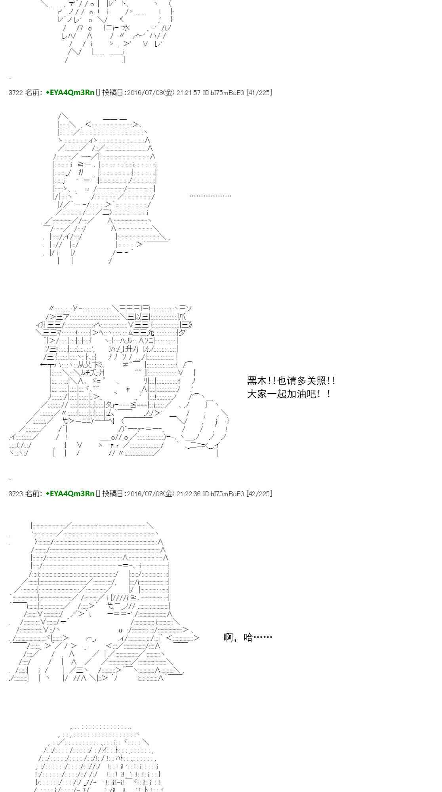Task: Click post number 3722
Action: [15, 93]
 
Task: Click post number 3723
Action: [15, 493]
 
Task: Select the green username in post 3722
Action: [70, 93]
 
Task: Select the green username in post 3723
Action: [70, 493]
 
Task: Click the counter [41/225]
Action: [259, 93]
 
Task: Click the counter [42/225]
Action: [259, 493]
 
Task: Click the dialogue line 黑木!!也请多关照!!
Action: [291, 381]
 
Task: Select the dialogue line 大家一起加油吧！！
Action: [289, 394]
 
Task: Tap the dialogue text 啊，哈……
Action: [248, 637]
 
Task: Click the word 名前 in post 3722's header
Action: [32, 93]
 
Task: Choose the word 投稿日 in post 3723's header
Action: [113, 493]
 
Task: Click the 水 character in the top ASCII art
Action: [126, 28]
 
